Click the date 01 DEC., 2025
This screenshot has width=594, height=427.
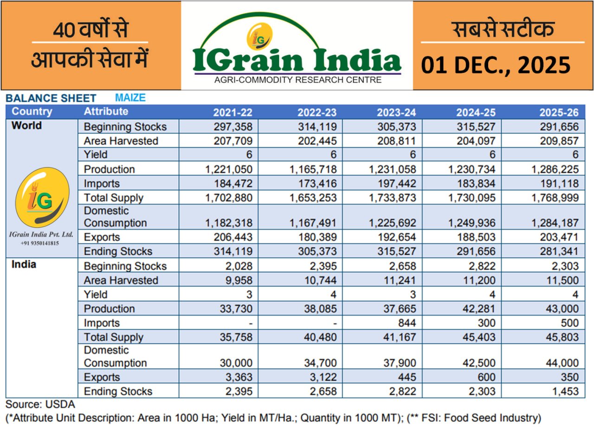(x=496, y=65)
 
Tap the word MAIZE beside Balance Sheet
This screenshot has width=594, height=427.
(x=130, y=98)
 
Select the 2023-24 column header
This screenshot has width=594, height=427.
(x=396, y=112)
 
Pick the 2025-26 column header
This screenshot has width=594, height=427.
(x=559, y=112)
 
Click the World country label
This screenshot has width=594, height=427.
(x=26, y=126)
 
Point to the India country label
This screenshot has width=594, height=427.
(x=24, y=265)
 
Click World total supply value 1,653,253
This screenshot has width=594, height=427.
(x=313, y=198)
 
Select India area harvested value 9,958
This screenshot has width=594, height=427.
(x=239, y=281)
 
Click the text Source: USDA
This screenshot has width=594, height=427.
(x=40, y=405)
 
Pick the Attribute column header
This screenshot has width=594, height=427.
(x=105, y=112)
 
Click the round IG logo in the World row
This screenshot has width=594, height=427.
(x=42, y=197)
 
